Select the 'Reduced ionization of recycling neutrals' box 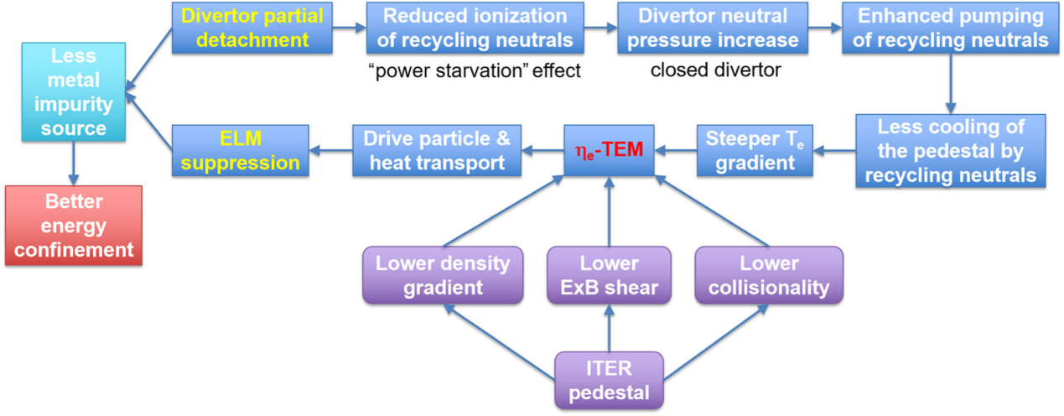pyautogui.click(x=475, y=28)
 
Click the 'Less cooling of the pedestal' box pyautogui.click(x=951, y=151)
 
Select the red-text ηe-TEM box pyautogui.click(x=610, y=150)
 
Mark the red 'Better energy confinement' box pyautogui.click(x=73, y=226)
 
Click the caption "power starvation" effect pyautogui.click(x=475, y=70)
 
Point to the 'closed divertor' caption pyautogui.click(x=715, y=70)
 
